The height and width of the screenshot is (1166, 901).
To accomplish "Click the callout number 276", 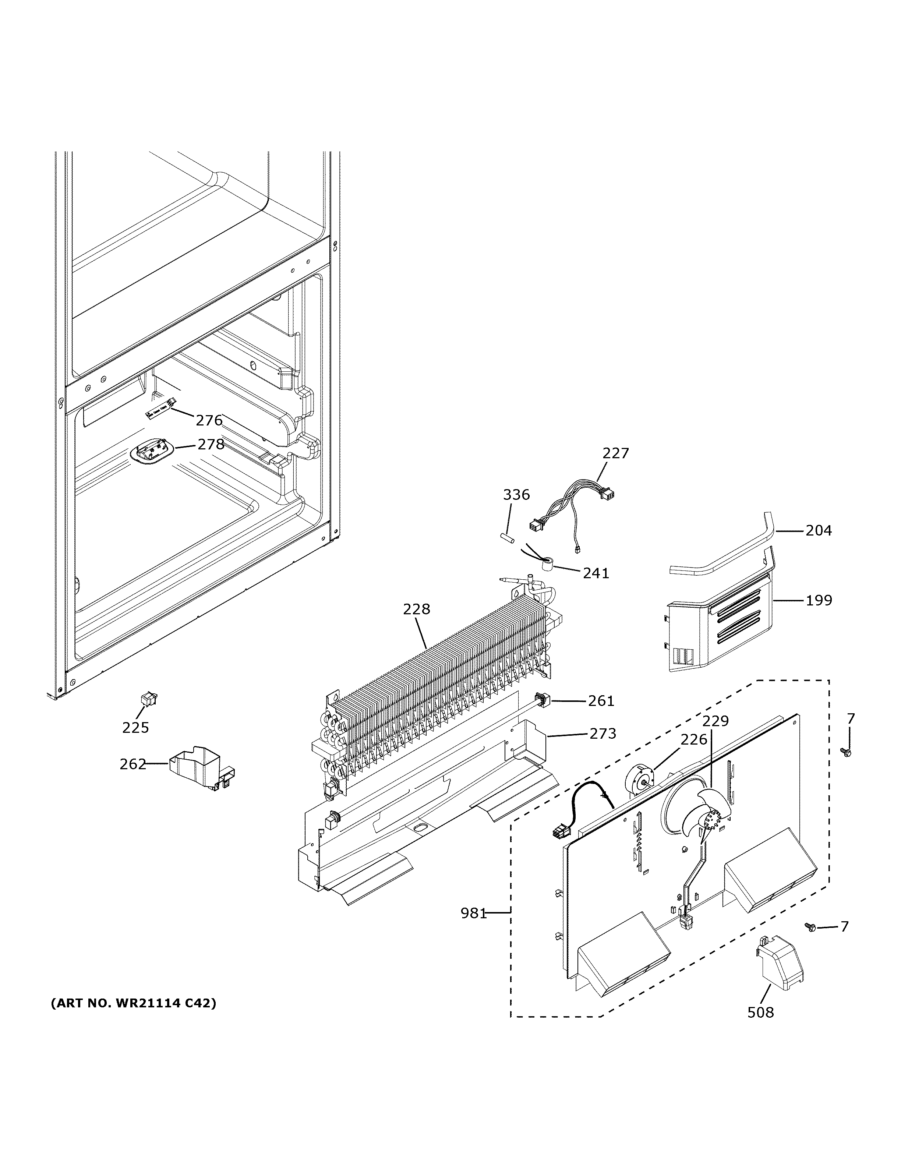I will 209,421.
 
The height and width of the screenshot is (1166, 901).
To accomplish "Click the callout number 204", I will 818,531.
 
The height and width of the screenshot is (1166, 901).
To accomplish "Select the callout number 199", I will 818,601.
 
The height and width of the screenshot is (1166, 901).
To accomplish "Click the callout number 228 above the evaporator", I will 416,609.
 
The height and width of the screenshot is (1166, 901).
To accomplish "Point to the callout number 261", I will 601,701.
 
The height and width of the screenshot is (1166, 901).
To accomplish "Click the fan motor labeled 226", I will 639,783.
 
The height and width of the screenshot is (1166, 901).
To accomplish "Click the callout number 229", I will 715,721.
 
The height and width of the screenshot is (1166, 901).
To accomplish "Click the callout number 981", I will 473,914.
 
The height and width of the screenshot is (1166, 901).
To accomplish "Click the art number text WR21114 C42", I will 134,1004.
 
